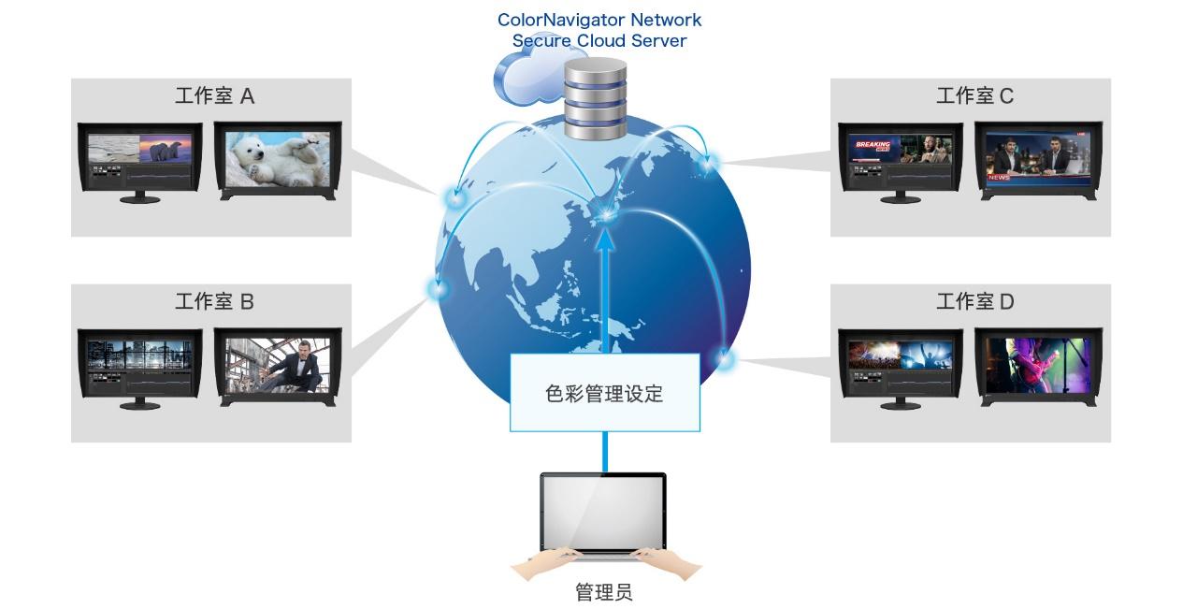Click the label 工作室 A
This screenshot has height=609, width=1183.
click(x=214, y=95)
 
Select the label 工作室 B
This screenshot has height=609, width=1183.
click(x=214, y=301)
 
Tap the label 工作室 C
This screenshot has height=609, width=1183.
click(x=974, y=95)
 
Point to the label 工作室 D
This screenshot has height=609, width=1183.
click(x=974, y=301)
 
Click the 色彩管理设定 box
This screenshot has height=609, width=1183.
click(x=604, y=393)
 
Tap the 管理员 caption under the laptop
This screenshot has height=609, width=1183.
click(x=603, y=592)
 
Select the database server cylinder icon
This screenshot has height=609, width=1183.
click(x=596, y=98)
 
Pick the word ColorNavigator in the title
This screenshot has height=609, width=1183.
click(x=560, y=20)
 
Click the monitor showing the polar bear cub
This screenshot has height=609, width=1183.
click(x=278, y=160)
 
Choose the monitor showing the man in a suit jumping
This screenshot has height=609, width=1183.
click(x=278, y=365)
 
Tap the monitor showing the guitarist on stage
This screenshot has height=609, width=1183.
click(x=1038, y=365)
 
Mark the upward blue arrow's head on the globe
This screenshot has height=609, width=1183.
click(x=605, y=238)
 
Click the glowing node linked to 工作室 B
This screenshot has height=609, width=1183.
click(x=438, y=288)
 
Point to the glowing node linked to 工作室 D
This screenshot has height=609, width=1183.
click(x=725, y=358)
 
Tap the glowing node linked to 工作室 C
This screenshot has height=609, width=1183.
click(x=708, y=163)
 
